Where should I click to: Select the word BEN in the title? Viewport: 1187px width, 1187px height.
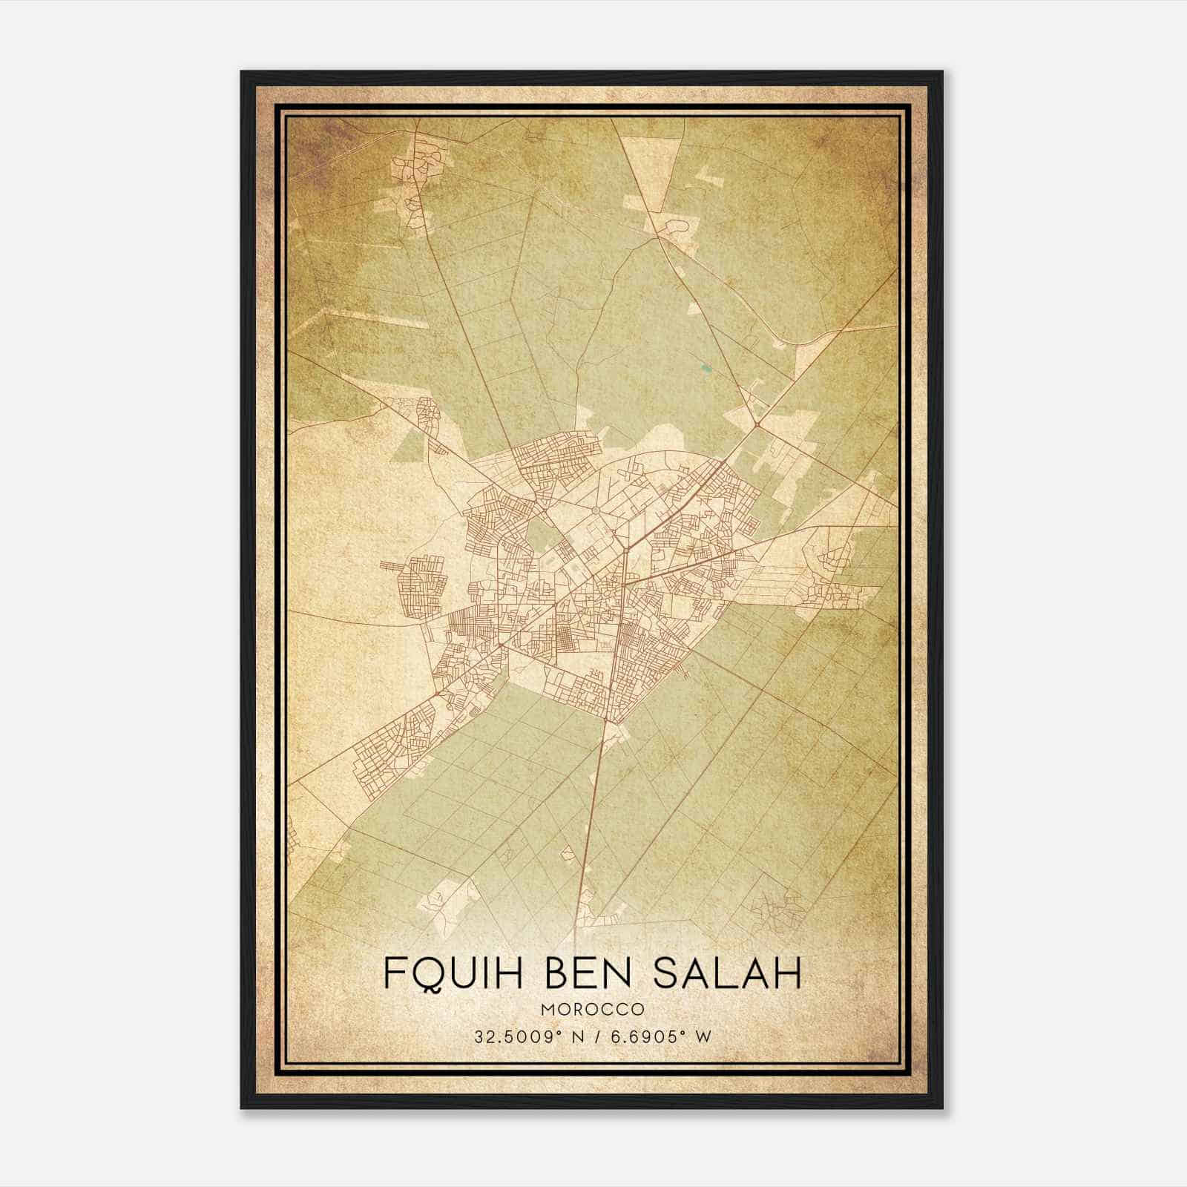(591, 973)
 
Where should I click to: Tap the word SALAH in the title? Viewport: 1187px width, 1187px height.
(728, 973)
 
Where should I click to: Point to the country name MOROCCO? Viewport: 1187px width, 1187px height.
(592, 1009)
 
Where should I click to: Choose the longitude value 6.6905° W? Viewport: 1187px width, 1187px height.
(660, 1037)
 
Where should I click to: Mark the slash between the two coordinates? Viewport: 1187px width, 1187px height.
(593, 1037)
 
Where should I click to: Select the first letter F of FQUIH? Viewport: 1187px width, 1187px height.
(394, 973)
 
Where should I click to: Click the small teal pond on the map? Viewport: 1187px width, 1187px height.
(703, 366)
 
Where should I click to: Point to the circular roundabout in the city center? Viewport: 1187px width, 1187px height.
(595, 510)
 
